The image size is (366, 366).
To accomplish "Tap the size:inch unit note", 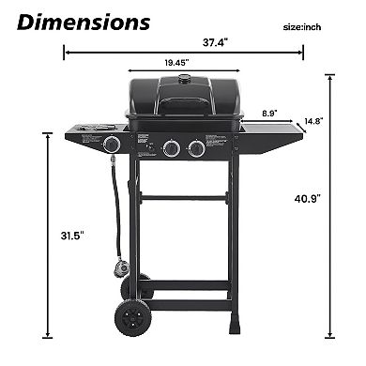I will click(x=307, y=27).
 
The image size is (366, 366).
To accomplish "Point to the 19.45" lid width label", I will click(x=172, y=63).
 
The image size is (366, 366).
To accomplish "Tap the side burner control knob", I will click(x=112, y=145).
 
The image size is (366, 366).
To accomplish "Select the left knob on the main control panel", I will click(x=171, y=147).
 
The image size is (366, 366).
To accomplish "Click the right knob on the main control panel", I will click(x=195, y=147).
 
